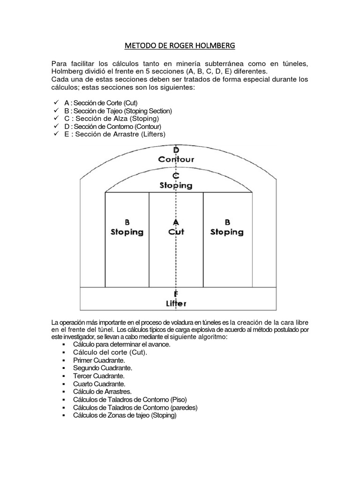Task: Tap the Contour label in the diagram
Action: coord(176,159)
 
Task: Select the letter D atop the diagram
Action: coord(176,150)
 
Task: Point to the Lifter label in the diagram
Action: coord(176,303)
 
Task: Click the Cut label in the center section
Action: coord(176,232)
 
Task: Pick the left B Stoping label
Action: coord(127,227)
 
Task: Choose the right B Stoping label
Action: coord(227,227)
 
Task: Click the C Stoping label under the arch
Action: coord(176,181)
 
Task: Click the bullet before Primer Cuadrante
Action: coord(63,360)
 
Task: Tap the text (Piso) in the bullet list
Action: coord(179,400)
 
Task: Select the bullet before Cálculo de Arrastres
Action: coord(63,392)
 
